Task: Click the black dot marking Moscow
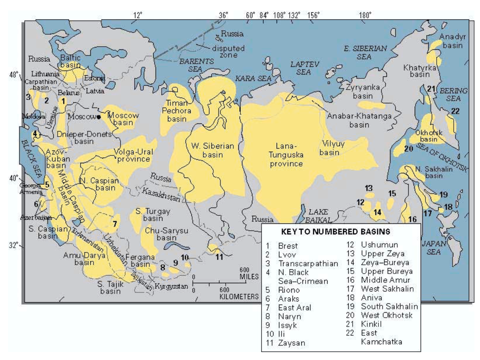pyautogui.click(x=99, y=117)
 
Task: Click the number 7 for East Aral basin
pyautogui.click(x=114, y=223)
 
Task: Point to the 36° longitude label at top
pyautogui.click(x=223, y=16)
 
